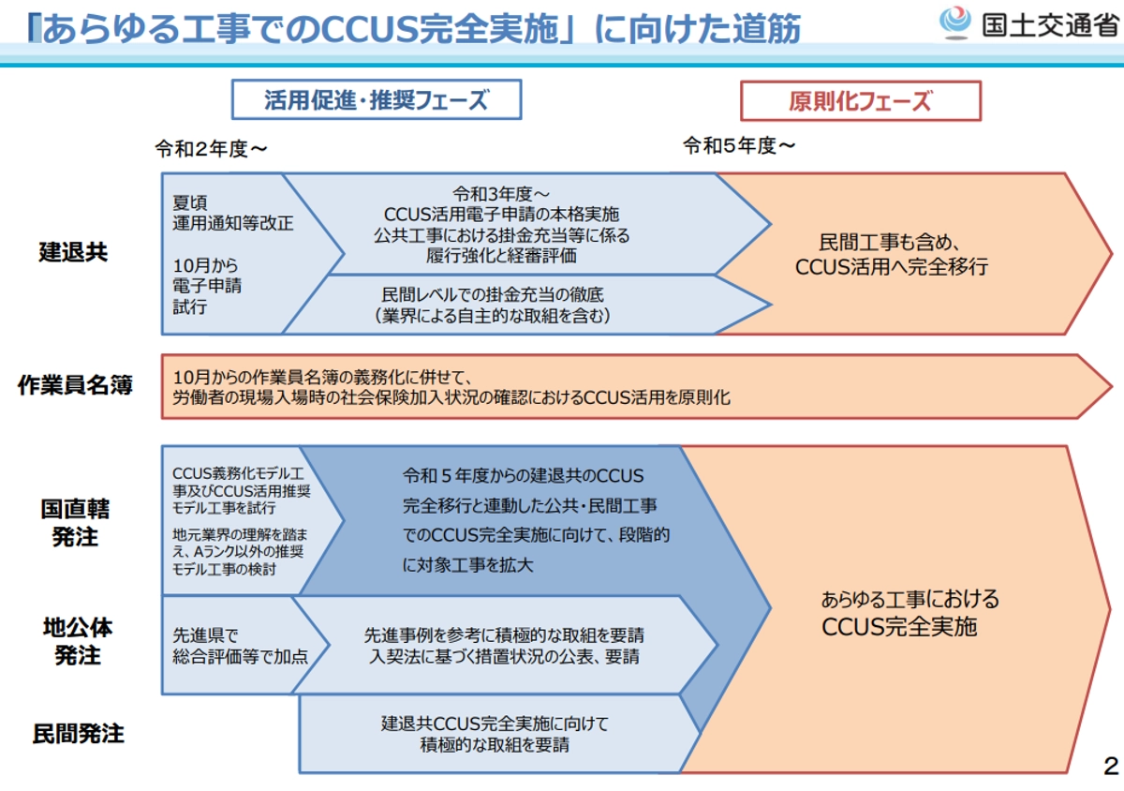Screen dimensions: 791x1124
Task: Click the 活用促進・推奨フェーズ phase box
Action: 377,100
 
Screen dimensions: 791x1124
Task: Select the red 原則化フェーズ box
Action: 860,100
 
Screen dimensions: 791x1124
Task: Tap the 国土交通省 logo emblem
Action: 956,22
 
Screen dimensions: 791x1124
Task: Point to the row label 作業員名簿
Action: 75,385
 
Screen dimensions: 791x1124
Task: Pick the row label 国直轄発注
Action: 75,523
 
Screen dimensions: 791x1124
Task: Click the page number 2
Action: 1111,766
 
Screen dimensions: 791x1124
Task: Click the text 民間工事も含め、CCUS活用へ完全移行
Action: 891,253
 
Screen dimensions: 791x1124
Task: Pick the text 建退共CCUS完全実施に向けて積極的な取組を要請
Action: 495,735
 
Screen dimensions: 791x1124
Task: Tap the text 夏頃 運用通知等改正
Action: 232,213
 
